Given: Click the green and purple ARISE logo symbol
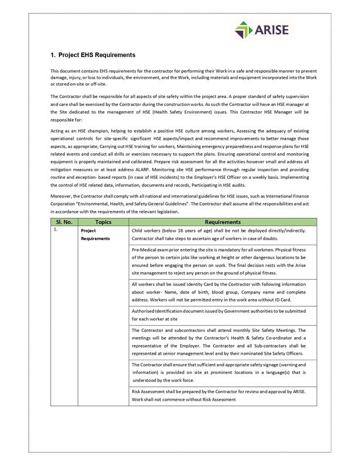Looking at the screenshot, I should pyautogui.click(x=244, y=30).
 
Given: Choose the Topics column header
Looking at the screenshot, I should pyautogui.click(x=103, y=222).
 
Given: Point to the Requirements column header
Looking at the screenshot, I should pyautogui.click(x=223, y=222).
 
